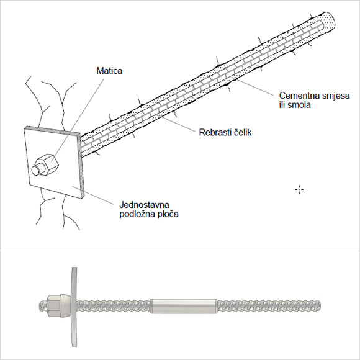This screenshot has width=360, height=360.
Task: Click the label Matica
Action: tap(109, 71)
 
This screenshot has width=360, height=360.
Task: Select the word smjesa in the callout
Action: tap(335, 96)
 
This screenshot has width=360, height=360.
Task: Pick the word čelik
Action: tap(243, 132)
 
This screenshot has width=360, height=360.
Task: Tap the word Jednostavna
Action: tap(145, 205)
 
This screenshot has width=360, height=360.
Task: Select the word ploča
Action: tap(167, 214)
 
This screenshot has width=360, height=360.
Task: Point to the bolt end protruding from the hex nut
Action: tap(37, 170)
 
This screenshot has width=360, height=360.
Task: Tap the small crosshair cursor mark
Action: tap(299, 190)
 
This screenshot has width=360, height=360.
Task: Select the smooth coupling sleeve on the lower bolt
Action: tap(184, 306)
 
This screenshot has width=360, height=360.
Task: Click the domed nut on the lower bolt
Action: tap(59, 305)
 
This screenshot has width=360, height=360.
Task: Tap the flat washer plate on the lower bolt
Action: tap(74, 307)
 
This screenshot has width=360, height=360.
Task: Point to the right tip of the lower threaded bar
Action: tap(320, 306)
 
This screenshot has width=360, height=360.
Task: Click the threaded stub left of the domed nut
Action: tap(43, 305)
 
